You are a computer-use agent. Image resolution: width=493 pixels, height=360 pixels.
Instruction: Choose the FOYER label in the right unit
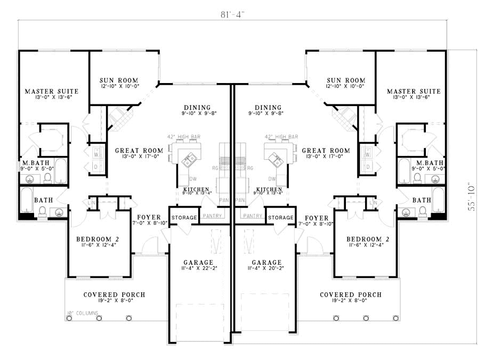[317, 217]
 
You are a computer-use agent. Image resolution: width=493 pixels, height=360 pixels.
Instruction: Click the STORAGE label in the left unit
[183, 217]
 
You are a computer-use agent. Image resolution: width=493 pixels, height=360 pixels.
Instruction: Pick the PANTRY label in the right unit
[252, 216]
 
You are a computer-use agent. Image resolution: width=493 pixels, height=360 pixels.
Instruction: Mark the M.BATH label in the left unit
[33, 162]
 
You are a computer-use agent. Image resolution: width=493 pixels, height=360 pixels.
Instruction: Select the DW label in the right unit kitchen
[272, 179]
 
